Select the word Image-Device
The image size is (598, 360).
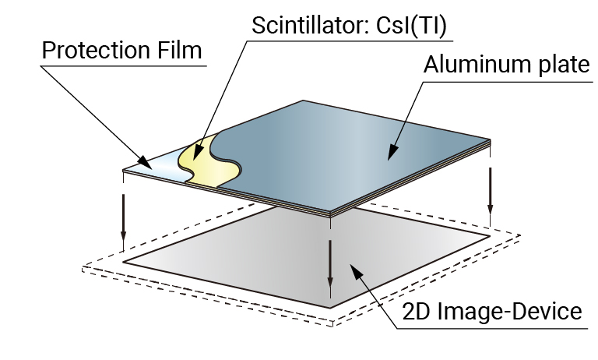point(514,312)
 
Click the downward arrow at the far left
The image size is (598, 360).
point(123,218)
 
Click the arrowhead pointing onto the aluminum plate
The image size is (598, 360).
point(389,160)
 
